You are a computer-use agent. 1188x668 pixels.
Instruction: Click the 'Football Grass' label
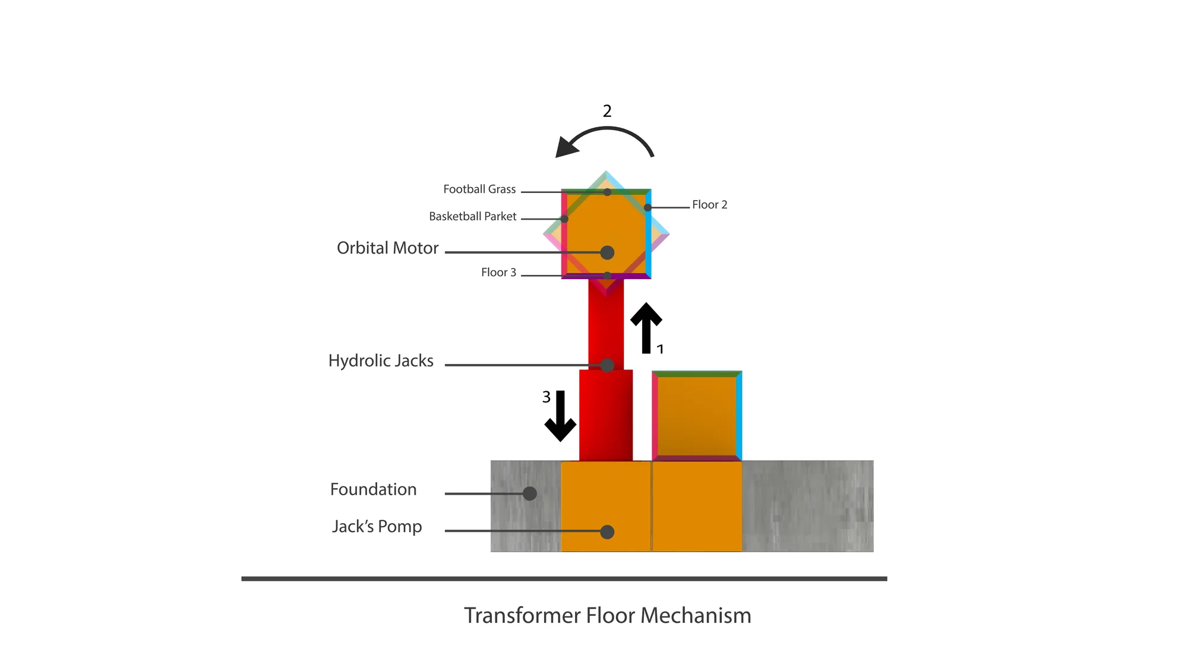[x=479, y=189]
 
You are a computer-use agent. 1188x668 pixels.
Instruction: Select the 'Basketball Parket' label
[x=473, y=217]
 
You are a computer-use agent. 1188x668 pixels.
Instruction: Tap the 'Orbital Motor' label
[x=387, y=248]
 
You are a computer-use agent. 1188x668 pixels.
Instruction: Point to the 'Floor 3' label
[x=498, y=273]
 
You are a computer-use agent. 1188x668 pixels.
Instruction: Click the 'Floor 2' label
[x=710, y=205]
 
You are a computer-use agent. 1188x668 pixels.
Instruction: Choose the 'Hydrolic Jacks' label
[x=381, y=361]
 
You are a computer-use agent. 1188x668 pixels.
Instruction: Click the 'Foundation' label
[x=373, y=489]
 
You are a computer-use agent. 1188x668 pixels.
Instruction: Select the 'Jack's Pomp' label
[x=377, y=527]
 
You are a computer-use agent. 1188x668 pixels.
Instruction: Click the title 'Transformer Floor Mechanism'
[x=608, y=616]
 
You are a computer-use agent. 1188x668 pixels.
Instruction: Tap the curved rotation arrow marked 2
[x=606, y=128]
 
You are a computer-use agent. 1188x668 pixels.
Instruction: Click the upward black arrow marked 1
[x=646, y=328]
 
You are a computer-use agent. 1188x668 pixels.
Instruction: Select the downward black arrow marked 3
[x=560, y=416]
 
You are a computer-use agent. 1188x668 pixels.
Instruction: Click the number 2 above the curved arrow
[x=607, y=111]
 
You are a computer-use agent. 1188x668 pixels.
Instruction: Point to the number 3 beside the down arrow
[x=546, y=397]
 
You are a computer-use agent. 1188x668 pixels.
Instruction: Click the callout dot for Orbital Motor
[x=607, y=253]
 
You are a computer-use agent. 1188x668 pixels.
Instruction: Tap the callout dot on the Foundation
[x=530, y=493]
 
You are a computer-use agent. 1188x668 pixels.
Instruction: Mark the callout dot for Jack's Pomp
[x=607, y=532]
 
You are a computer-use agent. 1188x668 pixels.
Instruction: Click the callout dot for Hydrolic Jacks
[x=607, y=365]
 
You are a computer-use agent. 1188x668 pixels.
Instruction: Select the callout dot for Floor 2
[x=647, y=208]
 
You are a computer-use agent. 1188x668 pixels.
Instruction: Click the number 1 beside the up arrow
[x=660, y=349]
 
